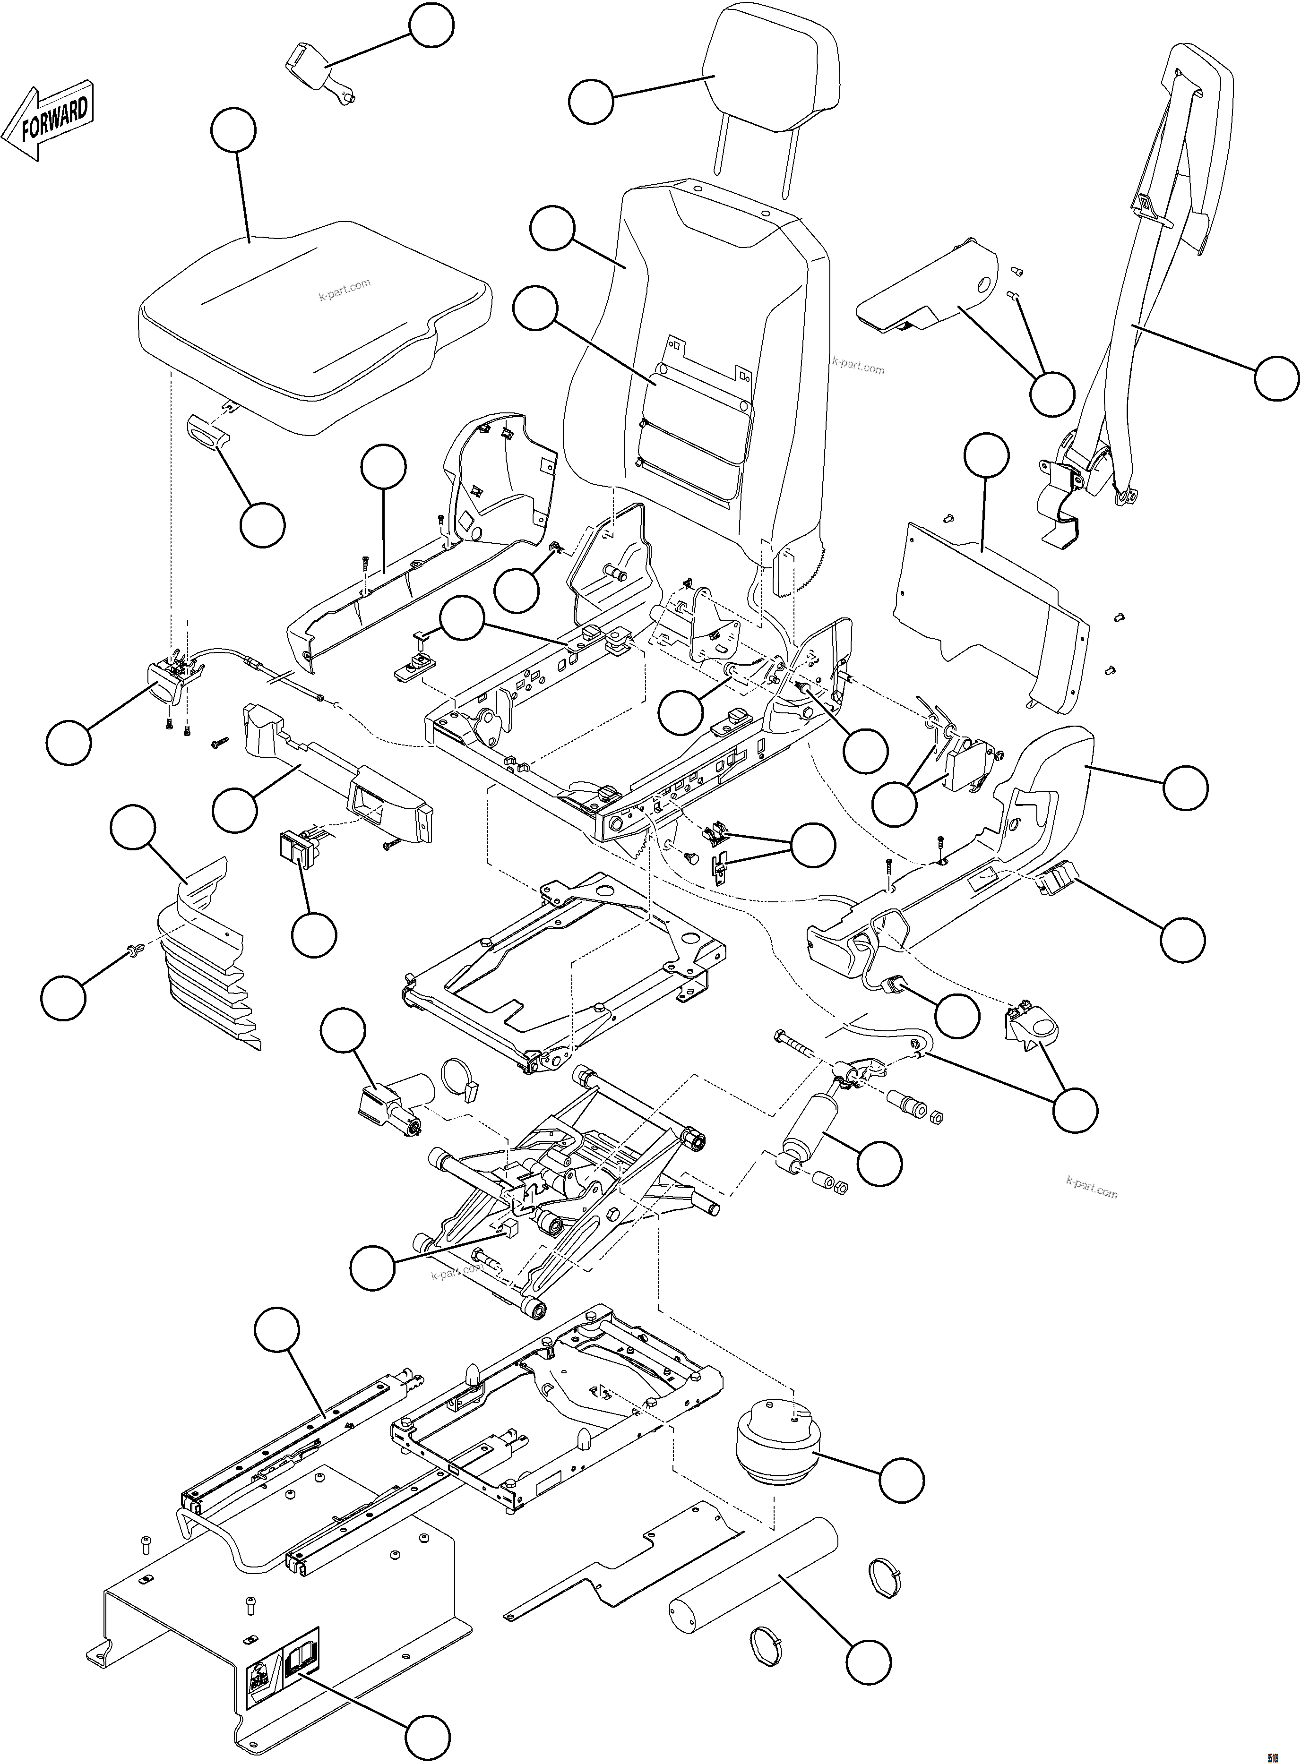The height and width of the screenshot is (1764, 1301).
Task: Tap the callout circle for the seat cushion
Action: pyautogui.click(x=234, y=131)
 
